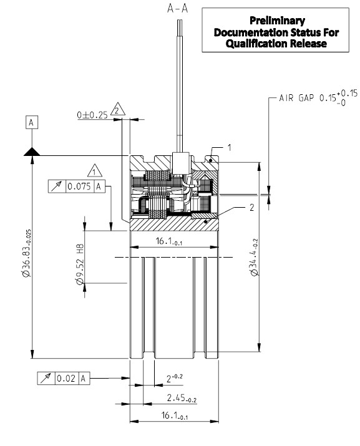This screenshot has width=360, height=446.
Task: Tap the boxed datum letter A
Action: click(x=31, y=122)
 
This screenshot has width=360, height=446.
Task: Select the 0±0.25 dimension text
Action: click(x=90, y=115)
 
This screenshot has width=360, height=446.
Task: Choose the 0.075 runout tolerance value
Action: click(x=79, y=186)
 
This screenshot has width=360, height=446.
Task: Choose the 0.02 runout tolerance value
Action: click(x=66, y=378)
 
